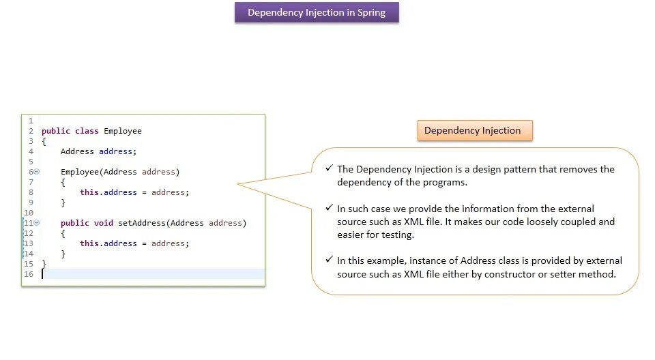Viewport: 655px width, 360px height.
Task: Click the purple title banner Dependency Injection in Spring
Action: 317,12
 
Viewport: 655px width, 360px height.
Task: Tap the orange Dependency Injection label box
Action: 474,130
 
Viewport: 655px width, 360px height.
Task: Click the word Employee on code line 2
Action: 123,131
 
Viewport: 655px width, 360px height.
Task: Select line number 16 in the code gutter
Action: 29,274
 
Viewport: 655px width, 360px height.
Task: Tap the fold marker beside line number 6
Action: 37,172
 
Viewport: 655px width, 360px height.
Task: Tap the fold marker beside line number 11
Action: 37,223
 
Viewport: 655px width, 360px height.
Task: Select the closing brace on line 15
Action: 44,264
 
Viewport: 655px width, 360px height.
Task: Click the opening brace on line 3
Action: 44,141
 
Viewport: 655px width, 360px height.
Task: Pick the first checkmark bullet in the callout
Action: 330,168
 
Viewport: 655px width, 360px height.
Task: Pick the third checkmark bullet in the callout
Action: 330,260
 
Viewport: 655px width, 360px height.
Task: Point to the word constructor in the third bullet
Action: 524,274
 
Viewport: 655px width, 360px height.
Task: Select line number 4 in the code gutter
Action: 31,151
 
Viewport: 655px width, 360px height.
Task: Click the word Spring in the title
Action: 371,12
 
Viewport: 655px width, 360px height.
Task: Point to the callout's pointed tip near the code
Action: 239,183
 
